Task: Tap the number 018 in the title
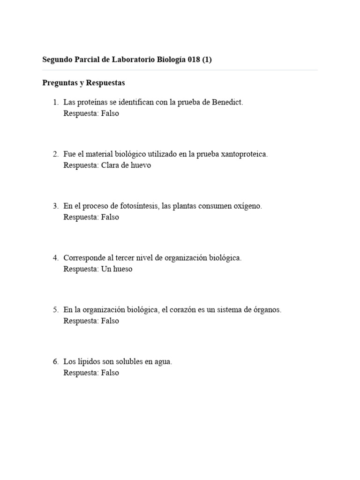coord(193,60)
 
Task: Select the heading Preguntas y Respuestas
coord(83,83)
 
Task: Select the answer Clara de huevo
coord(126,165)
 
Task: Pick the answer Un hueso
coord(117,269)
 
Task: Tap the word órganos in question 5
coord(267,310)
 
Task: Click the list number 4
coord(55,258)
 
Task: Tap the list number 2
coord(55,154)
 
